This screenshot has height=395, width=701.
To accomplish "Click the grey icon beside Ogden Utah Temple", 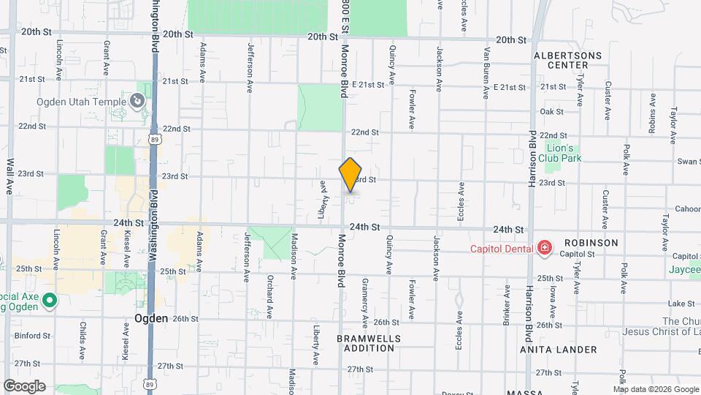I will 137,101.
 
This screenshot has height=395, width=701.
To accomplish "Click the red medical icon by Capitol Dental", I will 544,249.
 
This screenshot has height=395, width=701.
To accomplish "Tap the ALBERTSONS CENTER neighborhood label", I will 567,60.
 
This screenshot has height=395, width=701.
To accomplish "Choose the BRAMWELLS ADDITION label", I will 366,344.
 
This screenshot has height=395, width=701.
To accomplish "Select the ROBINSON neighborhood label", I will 591,243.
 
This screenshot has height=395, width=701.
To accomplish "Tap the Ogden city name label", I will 152,319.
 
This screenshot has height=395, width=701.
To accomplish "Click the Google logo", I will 24,385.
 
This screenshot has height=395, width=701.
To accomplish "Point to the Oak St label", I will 551,112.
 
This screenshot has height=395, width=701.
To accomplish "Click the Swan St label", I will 689,162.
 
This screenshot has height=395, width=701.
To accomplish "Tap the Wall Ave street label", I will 10,176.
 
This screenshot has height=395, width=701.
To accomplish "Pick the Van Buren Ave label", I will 486,73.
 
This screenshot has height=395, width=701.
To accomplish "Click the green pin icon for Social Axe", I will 49,300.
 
